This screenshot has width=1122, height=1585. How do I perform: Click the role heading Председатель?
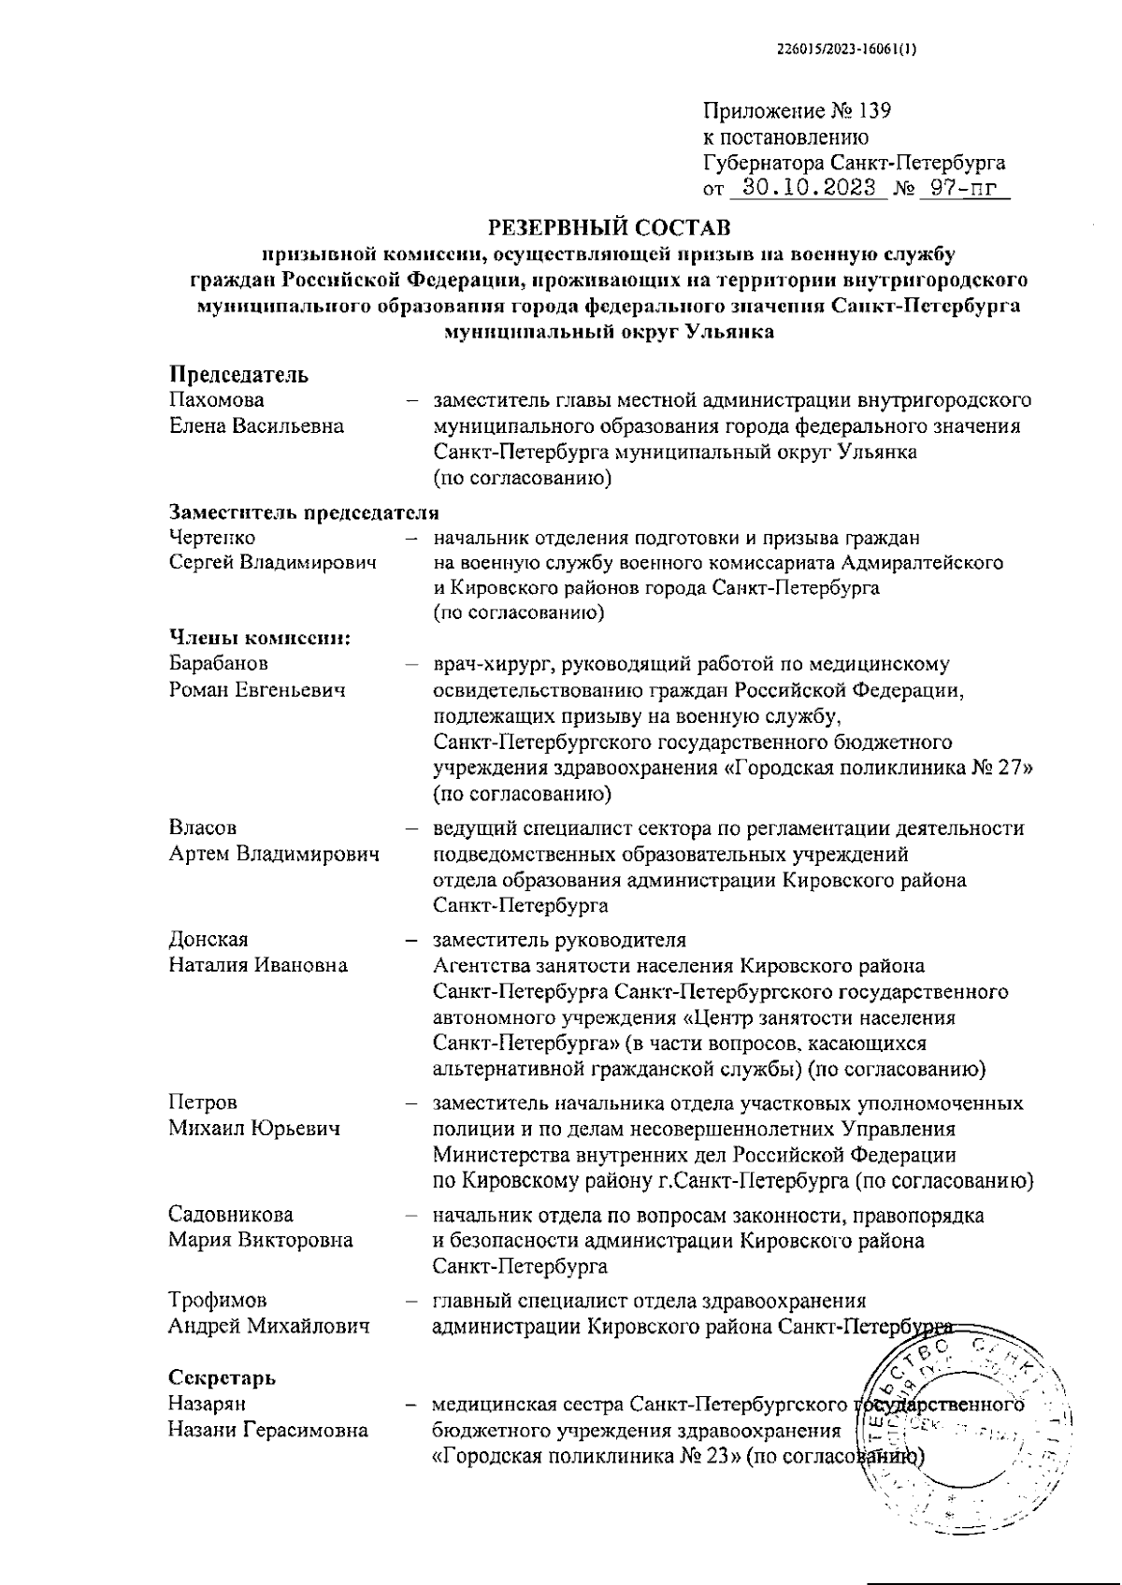(x=238, y=375)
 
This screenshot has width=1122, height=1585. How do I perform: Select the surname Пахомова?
(x=217, y=400)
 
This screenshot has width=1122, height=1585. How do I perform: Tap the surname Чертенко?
(x=212, y=538)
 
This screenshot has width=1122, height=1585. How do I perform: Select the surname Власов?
(x=203, y=828)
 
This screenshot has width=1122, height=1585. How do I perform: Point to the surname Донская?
(x=209, y=939)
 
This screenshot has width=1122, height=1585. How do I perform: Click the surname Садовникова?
(x=231, y=1215)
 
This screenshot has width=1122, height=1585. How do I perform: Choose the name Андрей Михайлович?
(x=269, y=1326)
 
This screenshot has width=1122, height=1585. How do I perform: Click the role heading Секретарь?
(x=223, y=1377)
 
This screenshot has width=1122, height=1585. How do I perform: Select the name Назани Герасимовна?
(x=268, y=1430)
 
